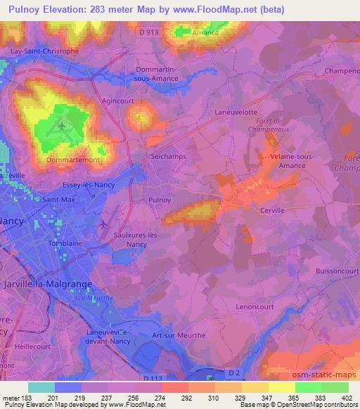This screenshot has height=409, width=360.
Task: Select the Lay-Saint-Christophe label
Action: click(44, 51)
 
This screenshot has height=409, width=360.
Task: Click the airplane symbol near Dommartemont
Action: click(63, 127)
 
